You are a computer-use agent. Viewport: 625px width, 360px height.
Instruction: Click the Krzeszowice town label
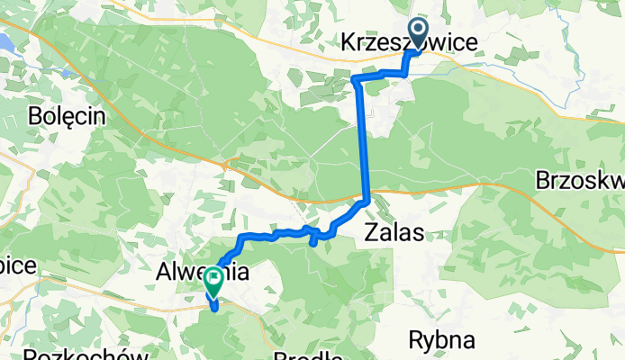(x=408, y=42)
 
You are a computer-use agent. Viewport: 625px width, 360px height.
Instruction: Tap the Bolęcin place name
(x=67, y=116)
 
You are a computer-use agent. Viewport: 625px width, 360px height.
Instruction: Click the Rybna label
(x=441, y=340)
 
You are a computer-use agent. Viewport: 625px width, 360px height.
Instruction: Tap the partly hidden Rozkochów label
(x=86, y=354)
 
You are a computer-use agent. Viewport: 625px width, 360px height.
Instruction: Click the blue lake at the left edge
(x=5, y=41)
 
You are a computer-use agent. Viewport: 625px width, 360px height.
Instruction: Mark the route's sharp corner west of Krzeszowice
(x=357, y=80)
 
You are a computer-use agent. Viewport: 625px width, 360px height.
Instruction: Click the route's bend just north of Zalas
(x=367, y=201)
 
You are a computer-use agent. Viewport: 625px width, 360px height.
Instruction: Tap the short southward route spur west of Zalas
(x=312, y=238)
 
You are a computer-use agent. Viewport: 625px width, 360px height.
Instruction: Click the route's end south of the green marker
(x=216, y=308)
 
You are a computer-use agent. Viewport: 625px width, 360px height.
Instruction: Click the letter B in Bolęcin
(x=37, y=116)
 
